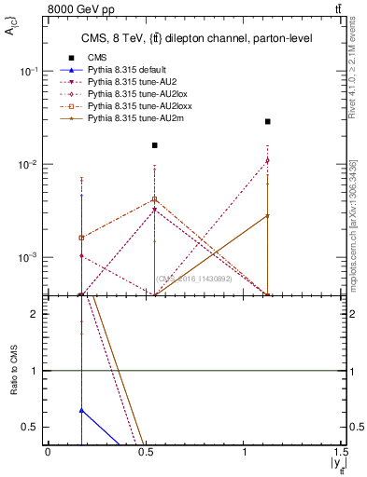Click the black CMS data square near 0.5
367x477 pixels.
point(155,145)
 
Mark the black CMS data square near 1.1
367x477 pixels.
point(267,121)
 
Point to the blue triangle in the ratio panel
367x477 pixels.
point(82,410)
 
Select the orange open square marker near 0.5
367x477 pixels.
point(155,199)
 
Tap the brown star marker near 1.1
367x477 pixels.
point(267,215)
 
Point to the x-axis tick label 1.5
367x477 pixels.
point(344,452)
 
